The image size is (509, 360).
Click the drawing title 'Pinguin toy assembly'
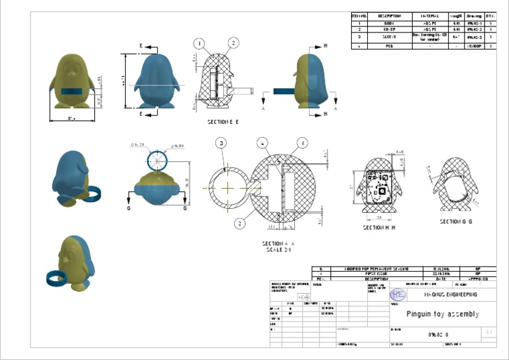[x=442, y=314]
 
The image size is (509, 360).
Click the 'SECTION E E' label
[x=223, y=122]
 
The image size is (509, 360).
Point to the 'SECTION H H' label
[x=379, y=227]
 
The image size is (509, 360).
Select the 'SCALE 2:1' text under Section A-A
[x=278, y=250]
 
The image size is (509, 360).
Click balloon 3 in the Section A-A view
[x=221, y=143]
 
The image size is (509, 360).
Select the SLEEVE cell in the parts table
[x=389, y=37]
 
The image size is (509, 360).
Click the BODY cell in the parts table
[x=389, y=23]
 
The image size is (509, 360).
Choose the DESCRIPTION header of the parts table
[x=389, y=15]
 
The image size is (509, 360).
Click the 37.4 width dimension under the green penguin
[x=71, y=119]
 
